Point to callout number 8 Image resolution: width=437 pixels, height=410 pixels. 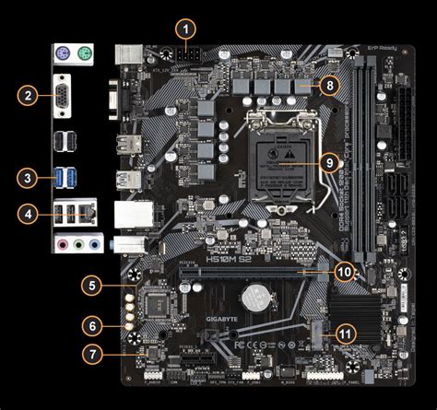coord(330,85)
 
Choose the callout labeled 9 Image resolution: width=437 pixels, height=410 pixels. coord(330,162)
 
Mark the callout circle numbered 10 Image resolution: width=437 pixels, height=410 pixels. coord(343,272)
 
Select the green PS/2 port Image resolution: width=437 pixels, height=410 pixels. coord(82,55)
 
